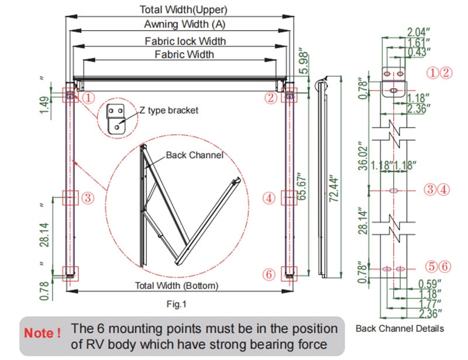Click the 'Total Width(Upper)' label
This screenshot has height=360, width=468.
click(x=184, y=10)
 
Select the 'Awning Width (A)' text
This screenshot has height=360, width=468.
click(x=184, y=24)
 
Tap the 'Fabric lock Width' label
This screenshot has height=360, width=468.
click(x=185, y=41)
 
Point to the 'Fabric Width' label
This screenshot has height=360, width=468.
click(x=184, y=54)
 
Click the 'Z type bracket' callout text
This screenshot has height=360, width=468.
click(x=168, y=110)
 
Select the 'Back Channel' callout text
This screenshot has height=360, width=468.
click(x=194, y=155)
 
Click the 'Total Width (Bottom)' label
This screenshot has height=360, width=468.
click(x=177, y=286)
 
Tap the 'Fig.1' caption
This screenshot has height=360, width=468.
click(x=176, y=304)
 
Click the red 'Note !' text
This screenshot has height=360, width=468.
click(x=42, y=333)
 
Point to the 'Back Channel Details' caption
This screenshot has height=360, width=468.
click(x=400, y=328)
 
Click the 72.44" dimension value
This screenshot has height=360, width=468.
click(x=335, y=189)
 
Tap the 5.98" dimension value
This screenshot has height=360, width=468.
click(x=304, y=63)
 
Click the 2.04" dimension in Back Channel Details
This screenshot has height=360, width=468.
click(x=419, y=32)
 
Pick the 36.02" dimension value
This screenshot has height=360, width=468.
click(x=363, y=155)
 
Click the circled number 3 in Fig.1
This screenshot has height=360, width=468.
click(x=88, y=198)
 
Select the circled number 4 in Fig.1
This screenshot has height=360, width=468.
click(x=269, y=198)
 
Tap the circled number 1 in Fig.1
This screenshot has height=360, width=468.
click(x=88, y=98)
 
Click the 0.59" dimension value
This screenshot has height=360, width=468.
click(x=429, y=283)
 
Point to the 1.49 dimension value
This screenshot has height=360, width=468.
click(x=45, y=105)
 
